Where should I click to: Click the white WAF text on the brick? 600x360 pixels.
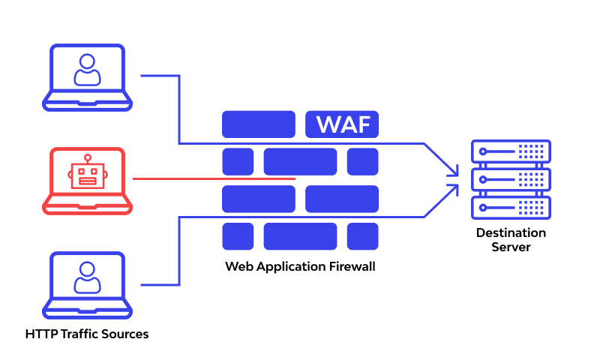(x=342, y=124)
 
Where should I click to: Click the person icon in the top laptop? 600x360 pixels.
(x=87, y=69)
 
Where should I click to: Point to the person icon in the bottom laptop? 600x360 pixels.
(x=87, y=277)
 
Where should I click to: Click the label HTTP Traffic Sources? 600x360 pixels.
(x=87, y=334)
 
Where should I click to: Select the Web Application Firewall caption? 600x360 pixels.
(x=300, y=266)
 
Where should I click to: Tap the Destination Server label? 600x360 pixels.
(x=511, y=239)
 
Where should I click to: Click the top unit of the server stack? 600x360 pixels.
(x=511, y=151)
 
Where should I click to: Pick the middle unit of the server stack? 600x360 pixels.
(x=511, y=179)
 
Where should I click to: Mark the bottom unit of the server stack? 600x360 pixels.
(x=511, y=207)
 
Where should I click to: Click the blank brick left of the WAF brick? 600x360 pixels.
(x=258, y=124)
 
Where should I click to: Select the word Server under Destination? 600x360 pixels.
(x=511, y=247)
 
